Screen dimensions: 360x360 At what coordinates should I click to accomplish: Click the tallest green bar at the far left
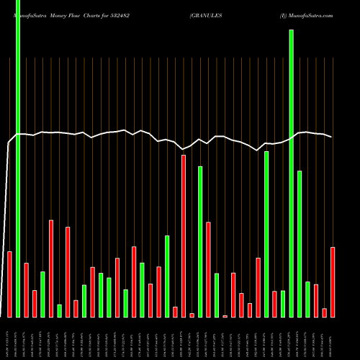[18, 158]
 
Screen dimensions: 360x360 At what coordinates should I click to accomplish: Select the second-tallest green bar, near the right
[292, 173]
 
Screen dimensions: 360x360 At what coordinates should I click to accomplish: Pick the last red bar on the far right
[333, 282]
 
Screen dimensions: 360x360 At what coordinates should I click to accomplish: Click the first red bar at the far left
[9, 284]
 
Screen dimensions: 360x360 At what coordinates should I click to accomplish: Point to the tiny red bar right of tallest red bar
[192, 315]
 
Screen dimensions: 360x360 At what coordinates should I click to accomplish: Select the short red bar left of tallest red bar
[175, 312]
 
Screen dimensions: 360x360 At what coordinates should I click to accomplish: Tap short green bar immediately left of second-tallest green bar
[283, 303]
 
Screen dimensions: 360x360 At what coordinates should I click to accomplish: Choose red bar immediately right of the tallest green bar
[26, 289]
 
